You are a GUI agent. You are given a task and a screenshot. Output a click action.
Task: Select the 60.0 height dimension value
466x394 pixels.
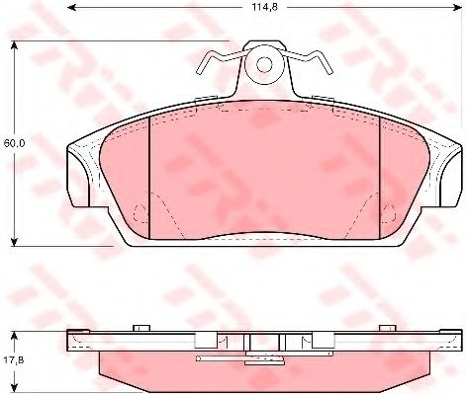(13, 143)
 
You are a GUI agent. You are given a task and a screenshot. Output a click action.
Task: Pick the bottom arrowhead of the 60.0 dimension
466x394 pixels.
(15, 243)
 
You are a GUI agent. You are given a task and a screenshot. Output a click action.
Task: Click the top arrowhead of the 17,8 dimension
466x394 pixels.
(15, 329)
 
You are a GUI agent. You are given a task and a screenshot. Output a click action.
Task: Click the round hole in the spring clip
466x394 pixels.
(264, 66)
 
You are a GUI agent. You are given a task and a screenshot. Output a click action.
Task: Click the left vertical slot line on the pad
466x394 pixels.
(148, 173)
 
